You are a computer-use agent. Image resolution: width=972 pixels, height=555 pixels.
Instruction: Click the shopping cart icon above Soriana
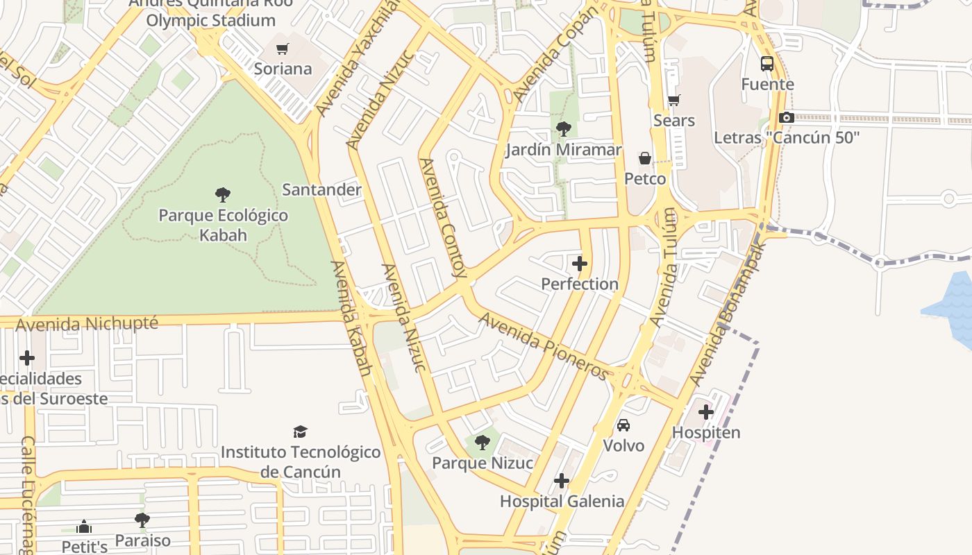tap(282, 49)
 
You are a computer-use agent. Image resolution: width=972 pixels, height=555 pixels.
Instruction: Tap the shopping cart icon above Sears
tap(673, 101)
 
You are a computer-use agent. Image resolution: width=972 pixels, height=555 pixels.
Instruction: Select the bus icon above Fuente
tap(767, 64)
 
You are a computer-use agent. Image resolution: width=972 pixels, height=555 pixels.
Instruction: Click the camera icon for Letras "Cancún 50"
tap(786, 118)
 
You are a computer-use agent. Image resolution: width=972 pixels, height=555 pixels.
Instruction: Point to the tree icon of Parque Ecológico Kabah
tap(223, 195)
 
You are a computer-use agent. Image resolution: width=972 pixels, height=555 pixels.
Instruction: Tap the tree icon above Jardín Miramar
tap(563, 129)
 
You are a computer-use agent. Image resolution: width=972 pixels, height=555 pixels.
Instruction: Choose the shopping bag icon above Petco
tap(645, 159)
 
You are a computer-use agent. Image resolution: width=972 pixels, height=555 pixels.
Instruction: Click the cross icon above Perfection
tap(580, 264)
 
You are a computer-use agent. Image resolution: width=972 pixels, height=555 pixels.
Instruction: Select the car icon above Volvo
tap(623, 425)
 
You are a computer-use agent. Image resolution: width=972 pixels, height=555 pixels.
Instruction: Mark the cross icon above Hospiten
tap(706, 412)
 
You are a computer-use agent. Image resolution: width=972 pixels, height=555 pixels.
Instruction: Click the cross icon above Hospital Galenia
tap(562, 481)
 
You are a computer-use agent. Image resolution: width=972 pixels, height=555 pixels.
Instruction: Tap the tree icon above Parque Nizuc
tap(482, 443)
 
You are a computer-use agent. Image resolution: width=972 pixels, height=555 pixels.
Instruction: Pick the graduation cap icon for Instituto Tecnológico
tap(300, 432)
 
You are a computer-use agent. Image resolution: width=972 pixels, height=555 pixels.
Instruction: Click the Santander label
tap(321, 189)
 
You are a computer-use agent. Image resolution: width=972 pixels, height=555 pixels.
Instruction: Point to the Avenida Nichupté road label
tap(87, 324)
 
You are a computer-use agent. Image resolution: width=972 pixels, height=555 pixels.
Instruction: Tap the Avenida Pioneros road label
tap(544, 345)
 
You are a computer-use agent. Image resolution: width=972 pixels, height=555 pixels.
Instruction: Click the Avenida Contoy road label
tap(442, 217)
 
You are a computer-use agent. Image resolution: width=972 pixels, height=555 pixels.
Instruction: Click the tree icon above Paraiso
tap(142, 520)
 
